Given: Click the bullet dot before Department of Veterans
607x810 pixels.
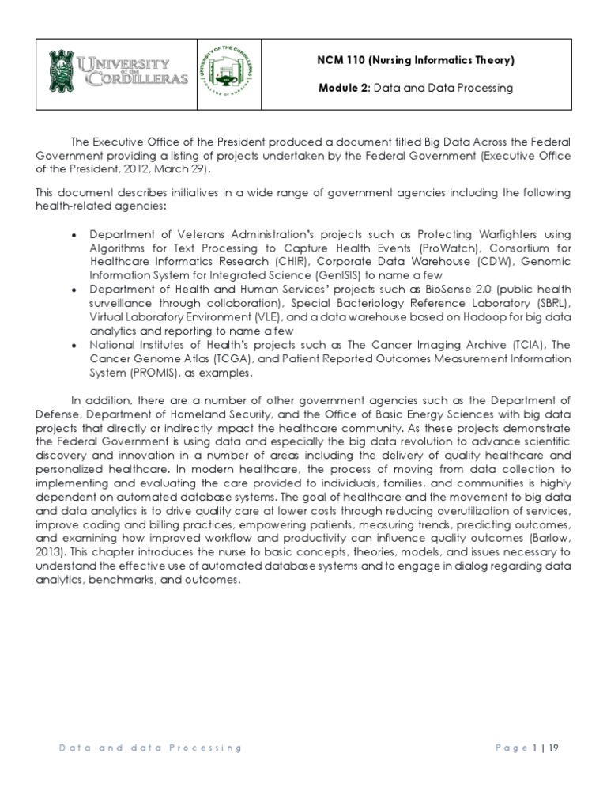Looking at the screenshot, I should [73, 235].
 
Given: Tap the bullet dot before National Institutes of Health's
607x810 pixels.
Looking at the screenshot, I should [73, 346].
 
